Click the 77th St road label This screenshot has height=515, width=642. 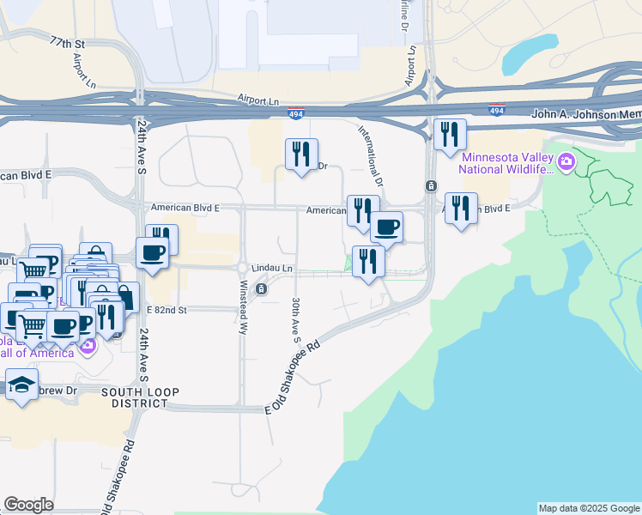69,42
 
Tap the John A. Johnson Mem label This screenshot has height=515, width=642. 586,114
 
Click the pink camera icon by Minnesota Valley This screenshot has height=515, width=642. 566,161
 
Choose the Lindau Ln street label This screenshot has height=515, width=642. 272,269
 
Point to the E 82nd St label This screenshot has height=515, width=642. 167,309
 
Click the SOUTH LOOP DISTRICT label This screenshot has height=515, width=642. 141,398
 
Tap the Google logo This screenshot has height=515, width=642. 28,505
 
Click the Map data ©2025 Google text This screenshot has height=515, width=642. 589,508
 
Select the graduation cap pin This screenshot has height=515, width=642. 21,385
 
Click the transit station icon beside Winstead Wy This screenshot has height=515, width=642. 261,289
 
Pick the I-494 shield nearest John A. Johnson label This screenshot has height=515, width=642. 496,111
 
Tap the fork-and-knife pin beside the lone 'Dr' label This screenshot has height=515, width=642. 301,154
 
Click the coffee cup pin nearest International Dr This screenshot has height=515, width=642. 386,227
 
